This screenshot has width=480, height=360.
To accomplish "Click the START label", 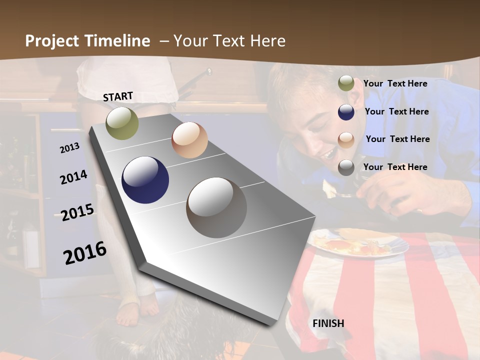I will click(118, 96).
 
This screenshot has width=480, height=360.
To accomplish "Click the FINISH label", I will click(328, 323).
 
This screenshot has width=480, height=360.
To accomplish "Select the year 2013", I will click(69, 147).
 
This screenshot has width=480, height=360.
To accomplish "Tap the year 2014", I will click(73, 177).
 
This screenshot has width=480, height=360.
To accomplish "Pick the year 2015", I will click(77, 212).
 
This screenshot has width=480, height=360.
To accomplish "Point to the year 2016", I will click(85, 252).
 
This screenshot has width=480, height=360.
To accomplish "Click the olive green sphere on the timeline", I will click(122, 123).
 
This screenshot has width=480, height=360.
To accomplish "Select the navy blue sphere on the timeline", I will click(145, 180).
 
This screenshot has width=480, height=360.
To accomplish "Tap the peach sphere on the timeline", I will click(189, 140).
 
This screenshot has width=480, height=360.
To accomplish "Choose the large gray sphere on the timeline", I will click(216, 207).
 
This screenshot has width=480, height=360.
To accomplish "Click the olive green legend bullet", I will click(346, 83).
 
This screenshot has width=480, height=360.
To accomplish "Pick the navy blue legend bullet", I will click(346, 111).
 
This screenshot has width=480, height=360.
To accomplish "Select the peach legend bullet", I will click(346, 139).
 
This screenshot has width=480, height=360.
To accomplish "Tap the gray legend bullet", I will click(346, 167).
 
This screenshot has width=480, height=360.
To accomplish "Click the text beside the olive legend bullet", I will click(395, 83).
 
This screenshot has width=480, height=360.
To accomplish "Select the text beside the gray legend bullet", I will click(395, 167).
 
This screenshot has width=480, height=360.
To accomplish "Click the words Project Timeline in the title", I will click(87, 41).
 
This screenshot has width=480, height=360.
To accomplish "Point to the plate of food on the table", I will click(357, 243).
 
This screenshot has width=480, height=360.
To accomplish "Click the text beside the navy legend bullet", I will click(396, 111).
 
